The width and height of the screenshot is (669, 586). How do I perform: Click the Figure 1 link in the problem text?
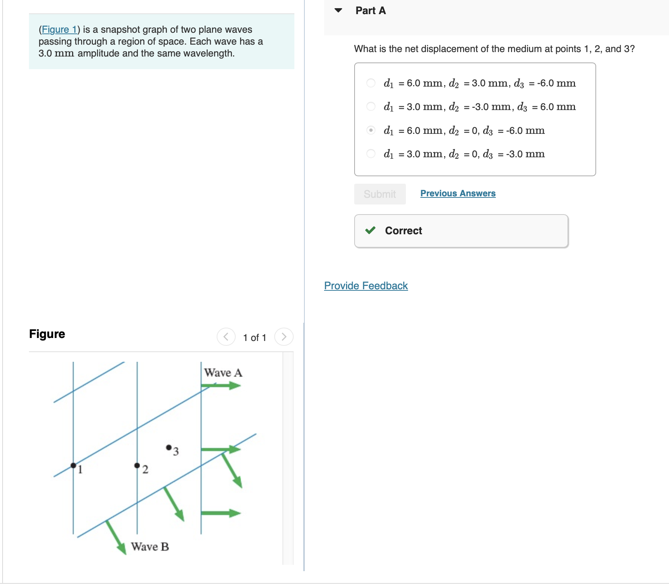pos(59,29)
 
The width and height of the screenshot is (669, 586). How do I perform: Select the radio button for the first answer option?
pos(371,83)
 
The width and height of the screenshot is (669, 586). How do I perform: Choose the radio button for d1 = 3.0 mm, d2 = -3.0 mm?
pos(371,107)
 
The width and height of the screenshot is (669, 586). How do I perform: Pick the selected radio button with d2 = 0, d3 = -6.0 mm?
pos(371,130)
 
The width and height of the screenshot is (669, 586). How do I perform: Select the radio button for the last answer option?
pos(371,154)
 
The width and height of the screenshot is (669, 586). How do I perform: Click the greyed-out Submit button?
pos(379,194)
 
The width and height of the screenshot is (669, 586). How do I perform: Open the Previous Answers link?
pos(458,193)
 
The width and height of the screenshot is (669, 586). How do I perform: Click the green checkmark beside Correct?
pos(370,231)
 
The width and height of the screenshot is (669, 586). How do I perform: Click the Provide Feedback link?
pos(366,286)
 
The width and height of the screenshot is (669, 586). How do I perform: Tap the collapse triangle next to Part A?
pos(338,10)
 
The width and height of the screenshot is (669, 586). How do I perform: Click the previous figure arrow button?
pos(226,337)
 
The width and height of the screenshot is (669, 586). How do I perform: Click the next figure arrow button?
pos(284,337)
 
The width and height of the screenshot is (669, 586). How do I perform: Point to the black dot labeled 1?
pos(73,466)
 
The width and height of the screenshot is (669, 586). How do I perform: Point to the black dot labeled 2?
pos(137,466)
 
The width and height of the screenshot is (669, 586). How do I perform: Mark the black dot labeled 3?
pos(169,447)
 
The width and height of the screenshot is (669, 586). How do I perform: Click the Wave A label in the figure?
pos(223,373)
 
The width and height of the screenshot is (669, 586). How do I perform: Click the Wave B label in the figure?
pos(150,547)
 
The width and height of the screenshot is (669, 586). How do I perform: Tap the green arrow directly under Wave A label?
pos(222,386)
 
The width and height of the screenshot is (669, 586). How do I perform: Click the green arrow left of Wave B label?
pos(116,537)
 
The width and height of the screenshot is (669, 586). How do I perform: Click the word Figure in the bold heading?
pos(47,334)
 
